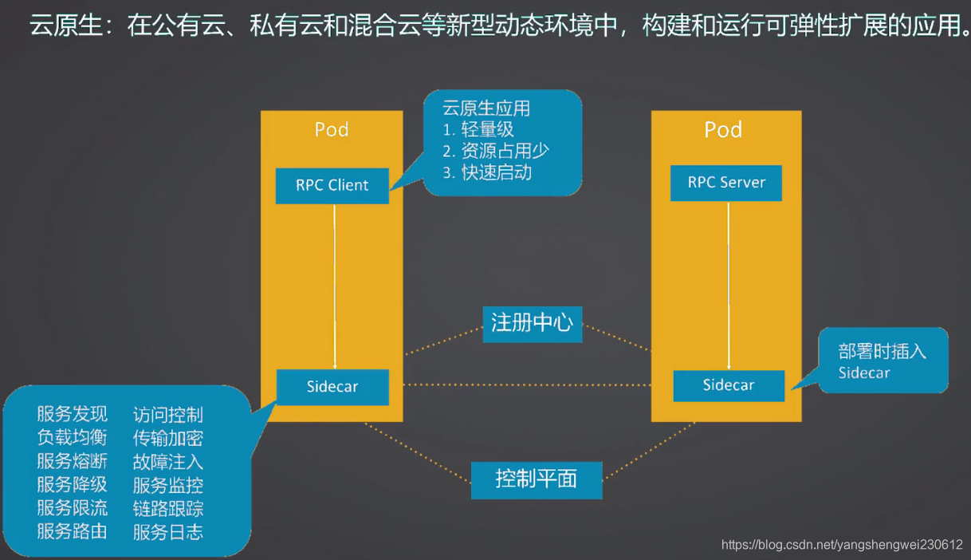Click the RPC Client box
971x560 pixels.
[332, 185]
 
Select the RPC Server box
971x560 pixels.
[725, 183]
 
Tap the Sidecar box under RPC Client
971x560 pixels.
[332, 387]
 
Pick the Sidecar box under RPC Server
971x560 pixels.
[728, 385]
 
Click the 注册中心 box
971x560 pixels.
[532, 323]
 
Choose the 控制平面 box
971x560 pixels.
[536, 479]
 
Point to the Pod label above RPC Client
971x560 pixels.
[332, 129]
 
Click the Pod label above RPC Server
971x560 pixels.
[723, 129]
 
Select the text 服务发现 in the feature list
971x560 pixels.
[72, 414]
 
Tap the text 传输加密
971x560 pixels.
[168, 438]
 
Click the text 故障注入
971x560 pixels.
[168, 461]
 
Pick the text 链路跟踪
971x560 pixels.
[168, 508]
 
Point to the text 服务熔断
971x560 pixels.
[72, 461]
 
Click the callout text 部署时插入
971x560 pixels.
[882, 351]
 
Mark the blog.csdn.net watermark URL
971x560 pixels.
[842, 545]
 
